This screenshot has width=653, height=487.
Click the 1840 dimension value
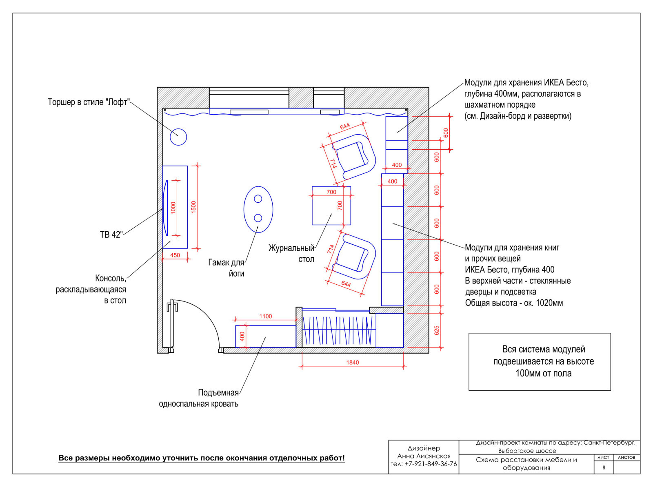tap(353, 363)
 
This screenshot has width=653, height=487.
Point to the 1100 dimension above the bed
tap(266, 317)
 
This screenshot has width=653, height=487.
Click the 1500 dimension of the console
tap(194, 207)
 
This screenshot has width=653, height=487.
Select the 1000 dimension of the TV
tap(173, 208)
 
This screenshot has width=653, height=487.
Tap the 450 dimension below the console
tap(175, 255)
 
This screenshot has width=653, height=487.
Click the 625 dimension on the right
tap(437, 330)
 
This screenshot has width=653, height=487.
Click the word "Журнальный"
tap(291, 248)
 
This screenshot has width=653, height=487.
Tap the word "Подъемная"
tap(218, 393)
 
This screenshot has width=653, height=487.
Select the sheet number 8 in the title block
tap(604, 468)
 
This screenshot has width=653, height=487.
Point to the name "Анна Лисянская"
tap(424, 456)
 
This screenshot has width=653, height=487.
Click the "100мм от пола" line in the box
tap(544, 374)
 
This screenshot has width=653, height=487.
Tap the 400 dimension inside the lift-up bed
tap(242, 336)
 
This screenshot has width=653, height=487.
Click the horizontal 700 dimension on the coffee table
tap(331, 192)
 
